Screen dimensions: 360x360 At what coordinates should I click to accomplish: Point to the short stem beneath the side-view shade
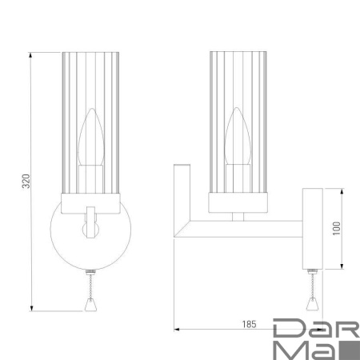click(238, 216)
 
